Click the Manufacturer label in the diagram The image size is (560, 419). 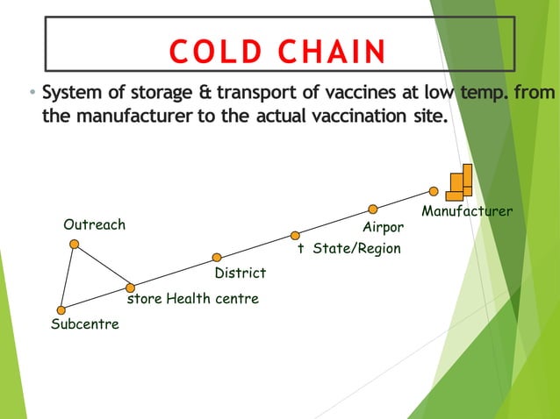pos(467,211)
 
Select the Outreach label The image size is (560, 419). pos(94,224)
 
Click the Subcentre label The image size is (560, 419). pos(84,324)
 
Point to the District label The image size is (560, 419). pos(240,273)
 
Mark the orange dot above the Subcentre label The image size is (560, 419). pos(61,309)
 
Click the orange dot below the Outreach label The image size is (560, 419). pos(75,244)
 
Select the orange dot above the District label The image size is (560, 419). pos(217,257)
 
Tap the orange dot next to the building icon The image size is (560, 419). pos(434,191)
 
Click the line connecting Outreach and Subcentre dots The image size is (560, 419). pos(68,276)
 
